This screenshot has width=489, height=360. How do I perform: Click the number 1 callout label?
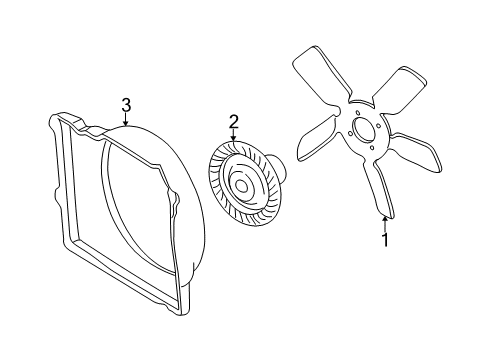[x=383, y=239]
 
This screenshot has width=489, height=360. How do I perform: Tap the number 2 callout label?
[x=233, y=122]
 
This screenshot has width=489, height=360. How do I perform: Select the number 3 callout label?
[x=126, y=104]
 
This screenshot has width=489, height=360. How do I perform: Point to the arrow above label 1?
[x=383, y=219]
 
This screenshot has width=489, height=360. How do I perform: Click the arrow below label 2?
[x=233, y=139]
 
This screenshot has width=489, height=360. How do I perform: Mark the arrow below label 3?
[x=126, y=120]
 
